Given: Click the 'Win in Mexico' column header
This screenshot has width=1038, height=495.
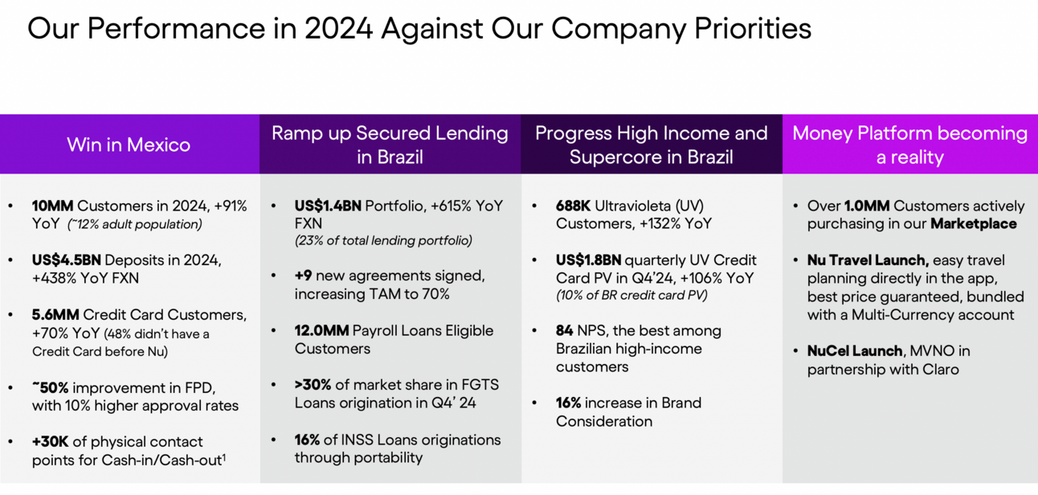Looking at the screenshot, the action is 129,145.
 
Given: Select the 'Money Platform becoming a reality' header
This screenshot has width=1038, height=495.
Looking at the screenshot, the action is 909,145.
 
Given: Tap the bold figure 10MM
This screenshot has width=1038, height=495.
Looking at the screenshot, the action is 52,206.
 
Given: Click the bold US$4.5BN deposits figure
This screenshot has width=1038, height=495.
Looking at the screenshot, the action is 66,260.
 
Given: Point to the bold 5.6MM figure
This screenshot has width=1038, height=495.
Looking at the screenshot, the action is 55,315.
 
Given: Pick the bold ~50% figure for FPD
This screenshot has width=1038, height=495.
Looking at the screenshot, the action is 50,387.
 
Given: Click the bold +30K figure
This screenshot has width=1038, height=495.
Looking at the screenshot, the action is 50,442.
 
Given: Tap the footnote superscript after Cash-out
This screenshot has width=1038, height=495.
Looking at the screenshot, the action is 224,457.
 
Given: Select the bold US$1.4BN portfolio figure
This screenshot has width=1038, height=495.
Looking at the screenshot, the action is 328,206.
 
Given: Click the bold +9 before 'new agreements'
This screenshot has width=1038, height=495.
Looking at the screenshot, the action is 303,276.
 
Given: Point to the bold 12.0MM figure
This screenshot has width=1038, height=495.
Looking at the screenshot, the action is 321,330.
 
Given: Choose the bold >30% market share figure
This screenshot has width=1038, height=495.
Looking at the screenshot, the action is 313,385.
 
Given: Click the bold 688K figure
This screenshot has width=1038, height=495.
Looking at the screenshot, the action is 573,206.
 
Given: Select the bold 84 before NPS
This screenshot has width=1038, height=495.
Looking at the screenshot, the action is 565,330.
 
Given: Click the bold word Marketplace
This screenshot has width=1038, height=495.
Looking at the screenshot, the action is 974,224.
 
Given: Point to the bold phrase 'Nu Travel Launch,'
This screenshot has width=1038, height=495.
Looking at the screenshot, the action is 868,260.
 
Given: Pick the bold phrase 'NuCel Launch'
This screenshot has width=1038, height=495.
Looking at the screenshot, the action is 855,351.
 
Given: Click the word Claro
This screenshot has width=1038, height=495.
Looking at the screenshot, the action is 940,370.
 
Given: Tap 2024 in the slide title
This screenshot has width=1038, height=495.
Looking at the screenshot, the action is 339,29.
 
